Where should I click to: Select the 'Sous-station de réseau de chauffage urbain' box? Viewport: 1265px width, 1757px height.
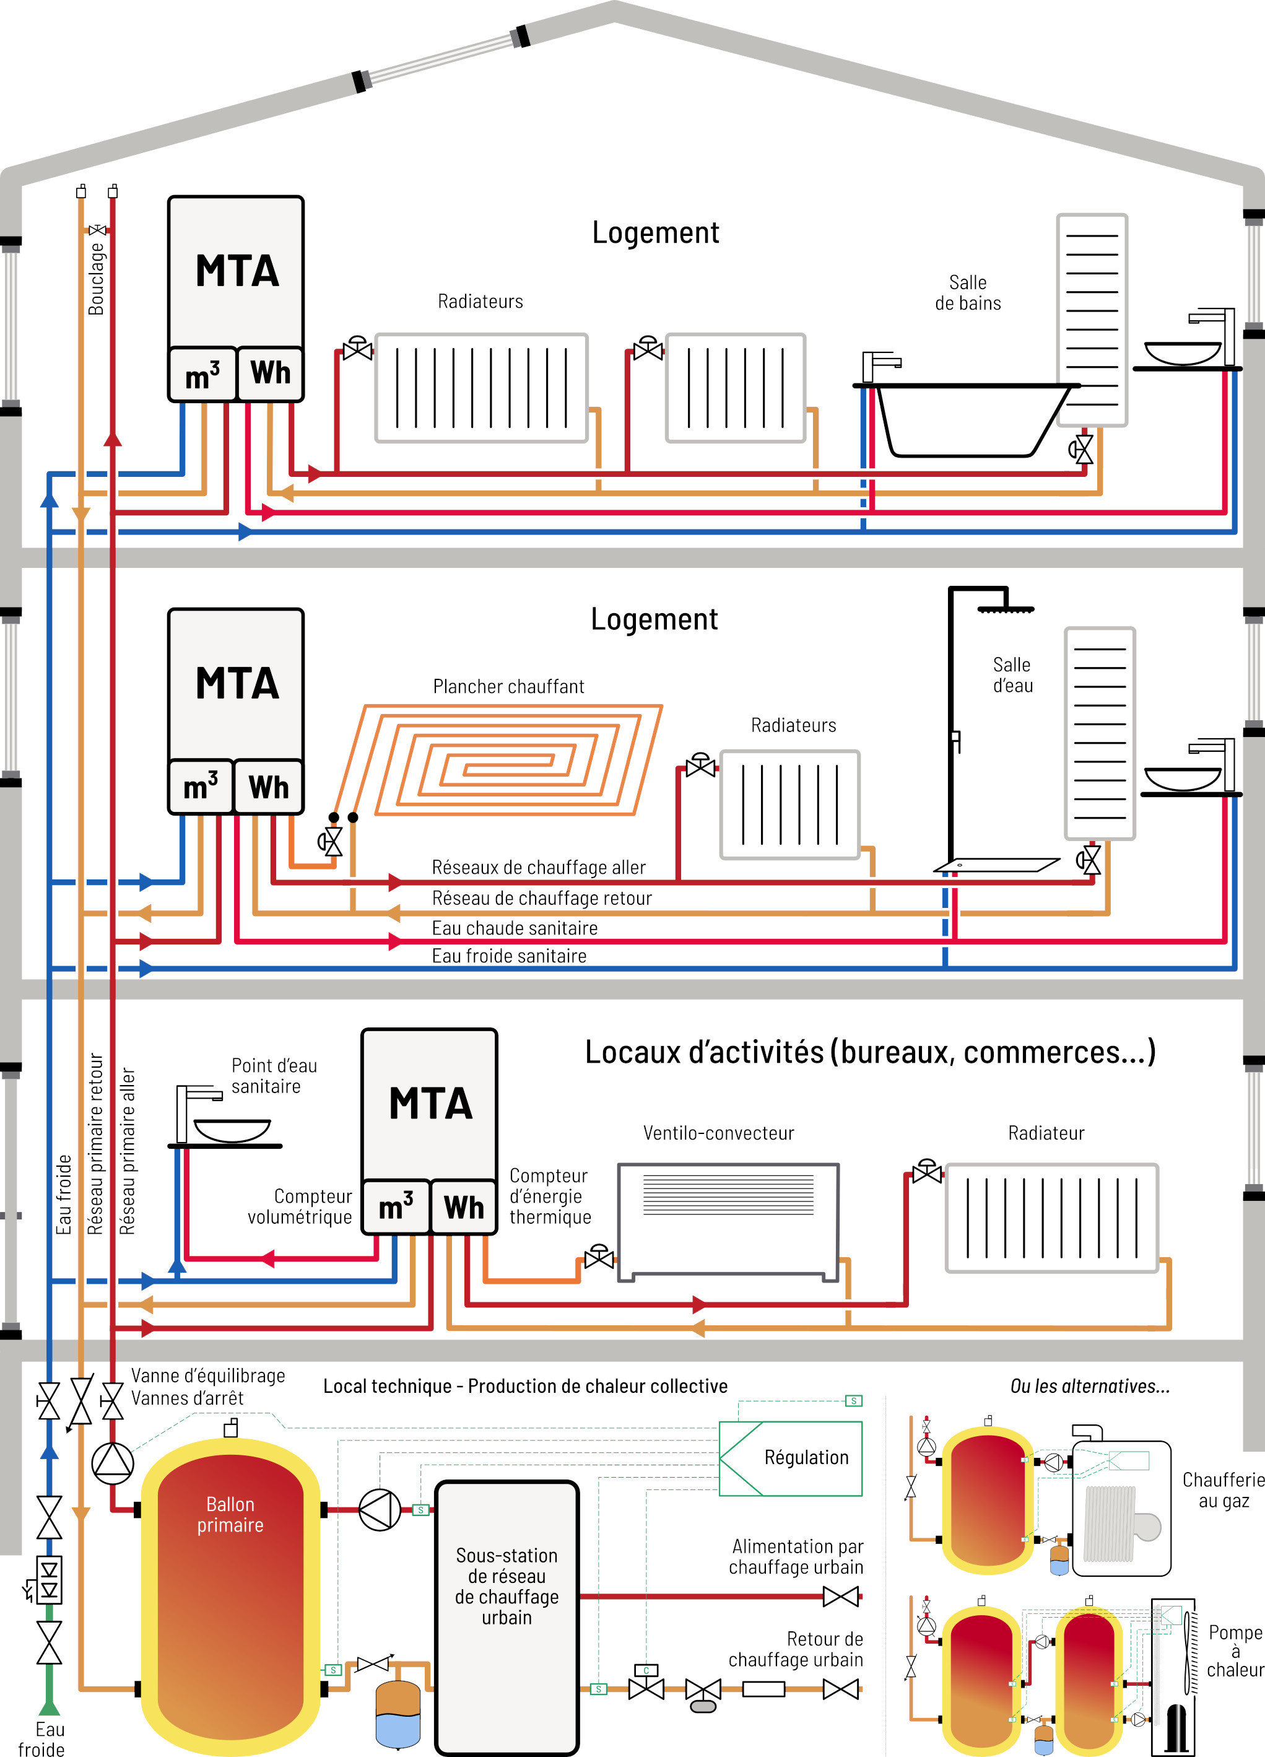point(506,1586)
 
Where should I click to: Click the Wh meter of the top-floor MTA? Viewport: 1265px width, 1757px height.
point(269,373)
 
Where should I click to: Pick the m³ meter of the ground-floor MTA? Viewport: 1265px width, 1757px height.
point(396,1207)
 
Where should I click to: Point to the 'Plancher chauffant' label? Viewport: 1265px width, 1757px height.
point(508,686)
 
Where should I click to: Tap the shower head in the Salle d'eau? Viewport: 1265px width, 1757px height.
point(1006,609)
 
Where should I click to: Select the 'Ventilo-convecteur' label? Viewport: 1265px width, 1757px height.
point(718,1133)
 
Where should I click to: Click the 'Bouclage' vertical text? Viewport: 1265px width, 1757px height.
point(96,279)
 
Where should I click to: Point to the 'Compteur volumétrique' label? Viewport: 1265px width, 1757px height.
point(300,1206)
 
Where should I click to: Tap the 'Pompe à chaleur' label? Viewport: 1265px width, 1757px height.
point(1235,1651)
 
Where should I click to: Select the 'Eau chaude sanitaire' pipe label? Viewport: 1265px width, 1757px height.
point(515,928)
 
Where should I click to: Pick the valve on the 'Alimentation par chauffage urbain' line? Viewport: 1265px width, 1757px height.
point(840,1596)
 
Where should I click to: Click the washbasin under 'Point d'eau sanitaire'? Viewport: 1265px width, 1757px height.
point(232,1130)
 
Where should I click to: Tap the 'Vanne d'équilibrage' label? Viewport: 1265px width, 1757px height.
point(207,1376)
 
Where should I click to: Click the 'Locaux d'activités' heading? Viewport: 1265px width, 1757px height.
point(870,1052)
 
